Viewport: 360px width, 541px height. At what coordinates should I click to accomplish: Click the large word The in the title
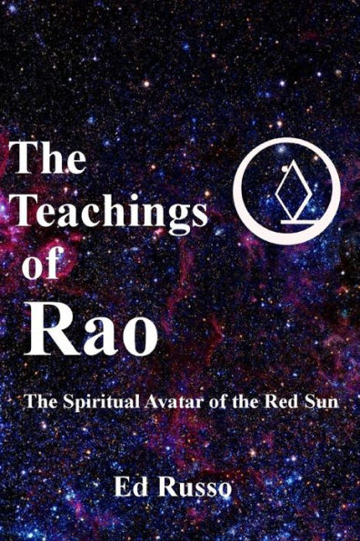click(48, 163)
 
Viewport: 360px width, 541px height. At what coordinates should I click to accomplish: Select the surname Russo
click(195, 486)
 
